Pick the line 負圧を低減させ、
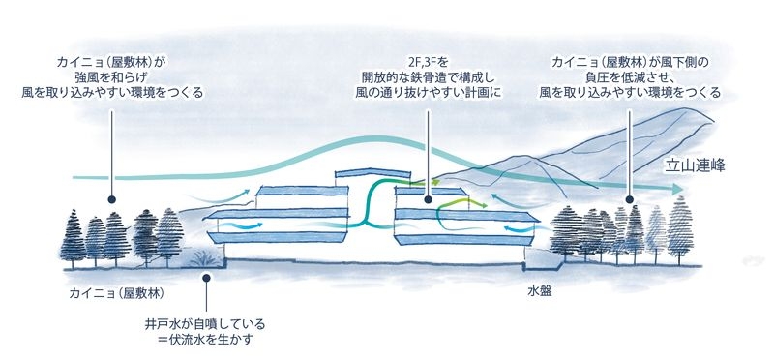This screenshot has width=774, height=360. click(x=630, y=77)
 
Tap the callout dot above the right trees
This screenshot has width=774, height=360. click(x=630, y=200)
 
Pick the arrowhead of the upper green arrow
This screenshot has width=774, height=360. click(x=436, y=180)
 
